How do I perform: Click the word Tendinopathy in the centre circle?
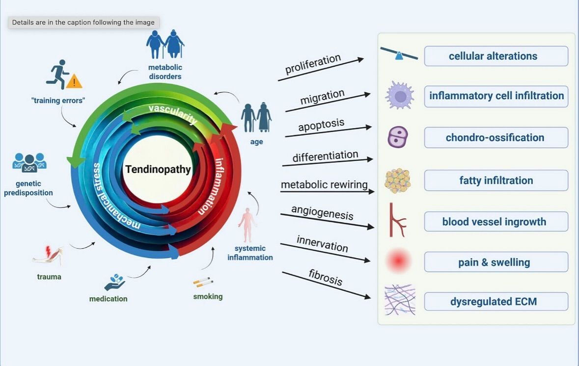click(x=158, y=170)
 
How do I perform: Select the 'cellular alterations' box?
click(x=496, y=56)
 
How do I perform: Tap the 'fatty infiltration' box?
click(x=496, y=181)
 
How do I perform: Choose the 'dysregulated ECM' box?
click(x=496, y=301)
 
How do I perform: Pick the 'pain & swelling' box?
click(x=496, y=262)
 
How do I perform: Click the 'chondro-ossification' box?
click(x=496, y=137)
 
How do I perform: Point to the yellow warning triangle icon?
click(x=74, y=81)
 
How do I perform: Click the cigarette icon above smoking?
click(x=203, y=282)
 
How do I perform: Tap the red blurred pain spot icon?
click(x=398, y=261)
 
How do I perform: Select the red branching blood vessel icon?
click(x=396, y=220)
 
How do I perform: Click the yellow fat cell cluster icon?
click(x=397, y=180)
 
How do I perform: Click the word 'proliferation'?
click(x=313, y=66)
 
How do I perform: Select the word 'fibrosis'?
click(x=326, y=277)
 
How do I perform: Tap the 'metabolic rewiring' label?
click(x=324, y=185)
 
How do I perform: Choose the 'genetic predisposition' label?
click(x=28, y=188)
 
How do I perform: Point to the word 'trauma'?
click(x=49, y=277)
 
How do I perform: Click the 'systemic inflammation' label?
click(x=250, y=253)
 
